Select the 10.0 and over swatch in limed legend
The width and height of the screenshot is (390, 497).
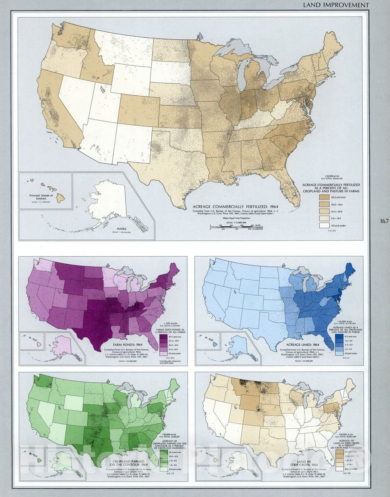pos(340,336)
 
